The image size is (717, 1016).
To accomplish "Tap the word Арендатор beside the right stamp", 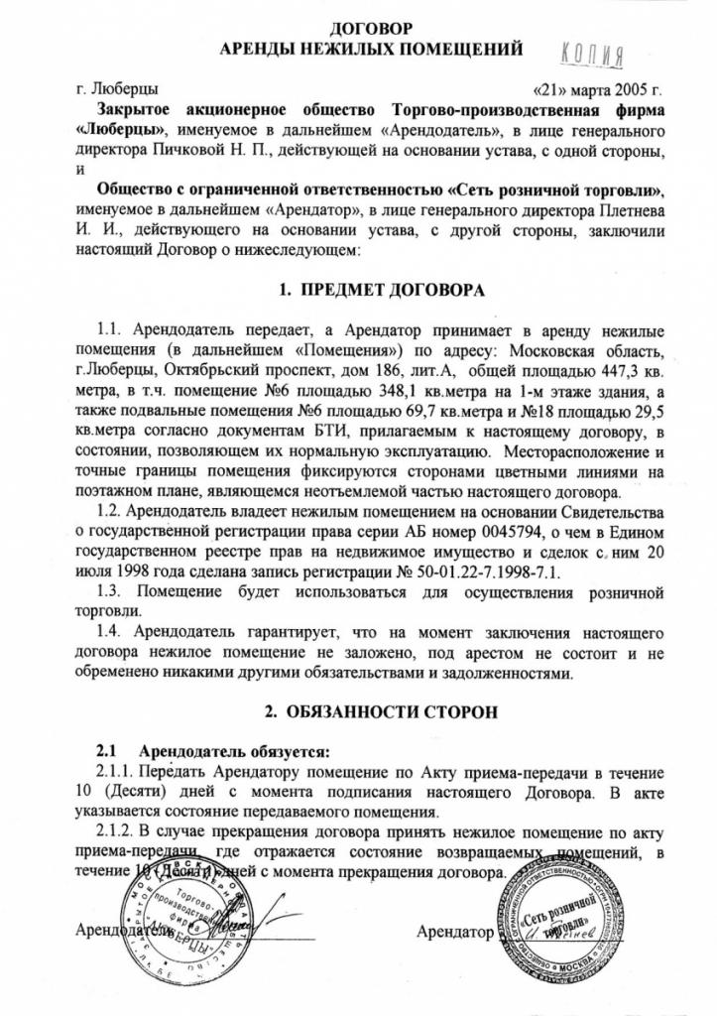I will pos(455,933).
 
